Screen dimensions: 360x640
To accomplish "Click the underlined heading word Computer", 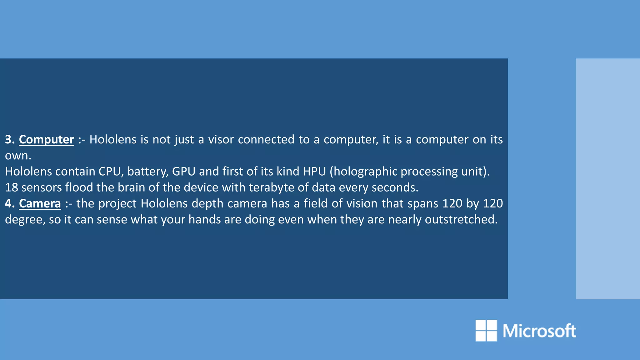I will click(46, 139).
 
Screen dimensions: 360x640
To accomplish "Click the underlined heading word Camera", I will click(40, 203).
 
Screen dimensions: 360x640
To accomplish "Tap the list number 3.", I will click(10, 139).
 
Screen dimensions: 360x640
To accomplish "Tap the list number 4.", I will click(10, 203).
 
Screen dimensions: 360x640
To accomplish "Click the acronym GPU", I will click(184, 172).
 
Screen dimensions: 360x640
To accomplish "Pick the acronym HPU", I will click(314, 172).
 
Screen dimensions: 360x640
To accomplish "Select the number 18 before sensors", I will click(12, 187).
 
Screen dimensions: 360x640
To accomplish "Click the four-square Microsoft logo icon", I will click(486, 330).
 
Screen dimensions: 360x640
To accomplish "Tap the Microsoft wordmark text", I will click(539, 331).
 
